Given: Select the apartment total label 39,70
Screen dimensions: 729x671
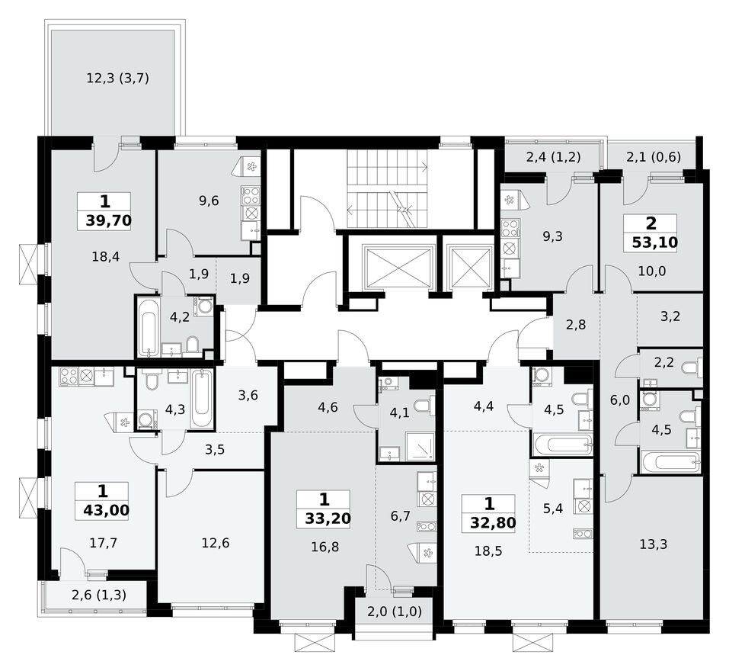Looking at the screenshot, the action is (109, 220).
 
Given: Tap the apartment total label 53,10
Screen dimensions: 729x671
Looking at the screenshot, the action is (654, 242).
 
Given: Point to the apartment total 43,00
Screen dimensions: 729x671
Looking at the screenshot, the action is (107, 510).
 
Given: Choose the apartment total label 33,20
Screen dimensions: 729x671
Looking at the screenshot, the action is (328, 518).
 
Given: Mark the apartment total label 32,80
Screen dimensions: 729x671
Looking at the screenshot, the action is (493, 522).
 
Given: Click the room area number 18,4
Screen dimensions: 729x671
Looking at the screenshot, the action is (106, 256).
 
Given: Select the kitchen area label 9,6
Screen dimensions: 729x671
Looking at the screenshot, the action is (209, 201).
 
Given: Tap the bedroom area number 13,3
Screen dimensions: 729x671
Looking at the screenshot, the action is (654, 544).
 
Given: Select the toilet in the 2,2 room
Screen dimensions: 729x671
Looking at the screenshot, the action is (692, 367).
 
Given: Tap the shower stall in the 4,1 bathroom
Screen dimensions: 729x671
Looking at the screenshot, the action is (420, 446).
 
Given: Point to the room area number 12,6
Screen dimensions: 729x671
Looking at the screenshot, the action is (216, 543).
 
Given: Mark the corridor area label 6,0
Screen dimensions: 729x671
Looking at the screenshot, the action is (620, 400).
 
